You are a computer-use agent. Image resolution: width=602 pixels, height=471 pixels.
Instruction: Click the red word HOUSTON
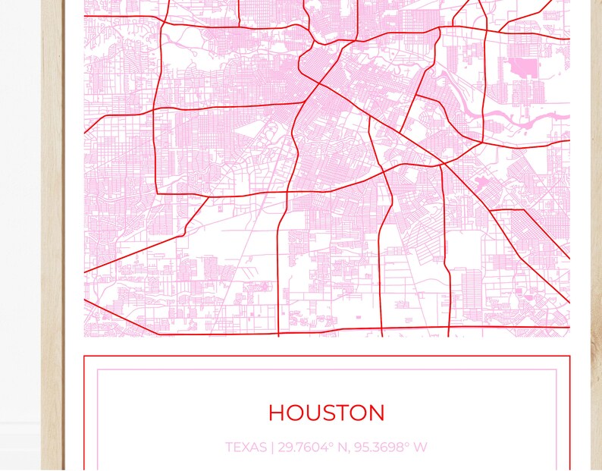pyautogui.click(x=326, y=413)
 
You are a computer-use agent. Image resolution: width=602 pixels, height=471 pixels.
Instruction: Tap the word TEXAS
pyautogui.click(x=245, y=447)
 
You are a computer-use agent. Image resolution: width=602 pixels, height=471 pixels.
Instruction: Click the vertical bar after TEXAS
pyautogui.click(x=271, y=447)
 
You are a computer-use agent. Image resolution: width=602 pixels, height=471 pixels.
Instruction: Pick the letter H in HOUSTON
pyautogui.click(x=277, y=413)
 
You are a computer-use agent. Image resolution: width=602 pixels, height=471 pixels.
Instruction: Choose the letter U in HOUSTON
pyautogui.click(x=313, y=413)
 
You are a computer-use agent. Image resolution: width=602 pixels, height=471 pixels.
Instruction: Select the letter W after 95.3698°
pyautogui.click(x=420, y=447)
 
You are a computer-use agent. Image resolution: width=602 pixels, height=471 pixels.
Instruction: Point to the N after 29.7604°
pyautogui.click(x=343, y=447)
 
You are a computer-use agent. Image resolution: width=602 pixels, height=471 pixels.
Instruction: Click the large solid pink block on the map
pyautogui.click(x=522, y=69)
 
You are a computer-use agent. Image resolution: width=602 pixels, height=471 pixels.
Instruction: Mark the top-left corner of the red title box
pyautogui.click(x=84, y=356)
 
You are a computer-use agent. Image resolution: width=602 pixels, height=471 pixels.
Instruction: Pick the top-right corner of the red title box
pyautogui.click(x=569, y=356)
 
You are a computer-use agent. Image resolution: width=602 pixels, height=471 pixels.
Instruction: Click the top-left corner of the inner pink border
pyautogui.click(x=97, y=370)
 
